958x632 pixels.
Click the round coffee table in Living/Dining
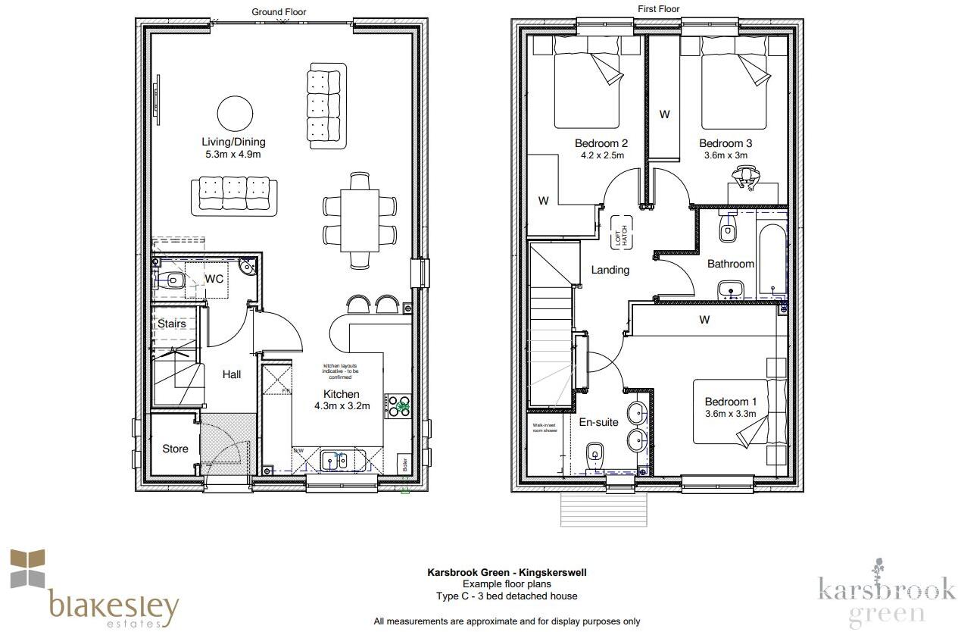click(x=236, y=114)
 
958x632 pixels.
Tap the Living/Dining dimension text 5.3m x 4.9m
click(x=233, y=155)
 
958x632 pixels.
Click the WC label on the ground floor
click(x=214, y=279)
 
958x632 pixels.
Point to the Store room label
click(x=175, y=449)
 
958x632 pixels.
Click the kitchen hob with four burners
click(x=399, y=407)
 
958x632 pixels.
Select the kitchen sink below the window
click(x=334, y=460)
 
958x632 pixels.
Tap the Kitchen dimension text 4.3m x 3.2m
click(x=342, y=406)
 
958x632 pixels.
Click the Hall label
click(x=232, y=374)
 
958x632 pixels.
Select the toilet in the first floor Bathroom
click(x=729, y=230)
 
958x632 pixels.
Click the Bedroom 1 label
click(x=730, y=402)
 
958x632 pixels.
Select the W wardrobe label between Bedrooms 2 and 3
click(x=664, y=114)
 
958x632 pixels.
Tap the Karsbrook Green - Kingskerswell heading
click(x=507, y=573)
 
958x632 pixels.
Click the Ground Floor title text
click(x=279, y=11)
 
